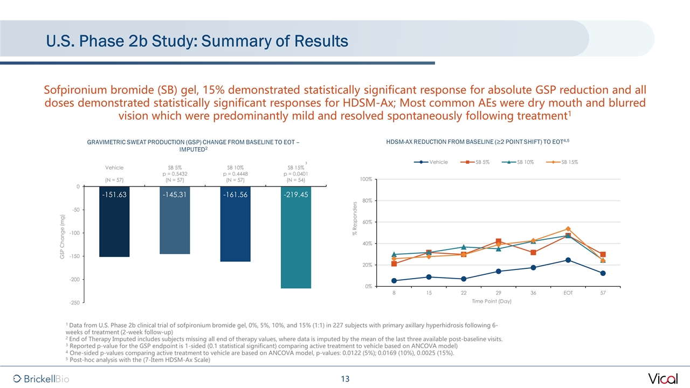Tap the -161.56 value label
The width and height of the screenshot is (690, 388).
235,195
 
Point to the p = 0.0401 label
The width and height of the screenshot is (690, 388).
295,174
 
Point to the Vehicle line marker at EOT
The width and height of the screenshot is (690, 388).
568,260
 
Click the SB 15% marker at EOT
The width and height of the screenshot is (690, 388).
568,229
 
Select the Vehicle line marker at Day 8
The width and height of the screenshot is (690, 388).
394,281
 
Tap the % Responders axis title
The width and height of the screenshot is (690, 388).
355,218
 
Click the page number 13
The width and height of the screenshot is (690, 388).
345,379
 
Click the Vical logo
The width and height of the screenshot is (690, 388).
663,378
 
